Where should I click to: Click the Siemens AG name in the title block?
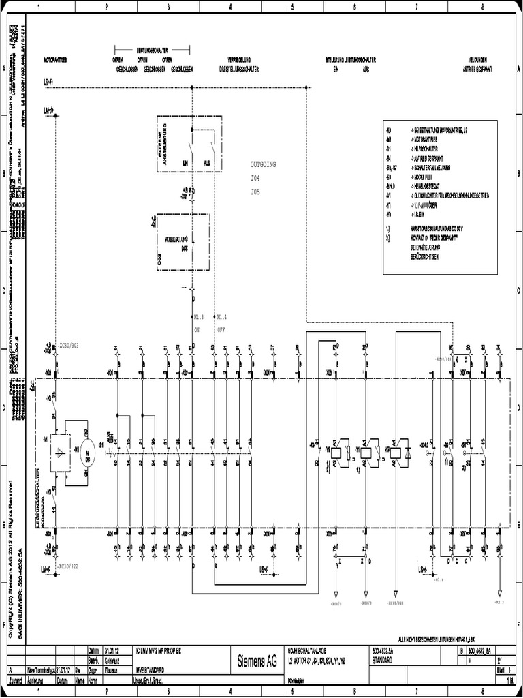click(257, 661)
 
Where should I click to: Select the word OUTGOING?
click(264, 164)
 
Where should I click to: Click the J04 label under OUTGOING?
click(255, 178)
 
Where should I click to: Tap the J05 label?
click(255, 192)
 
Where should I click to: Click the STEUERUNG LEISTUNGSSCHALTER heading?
click(352, 60)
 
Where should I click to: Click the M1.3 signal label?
click(199, 317)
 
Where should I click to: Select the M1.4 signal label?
click(221, 317)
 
